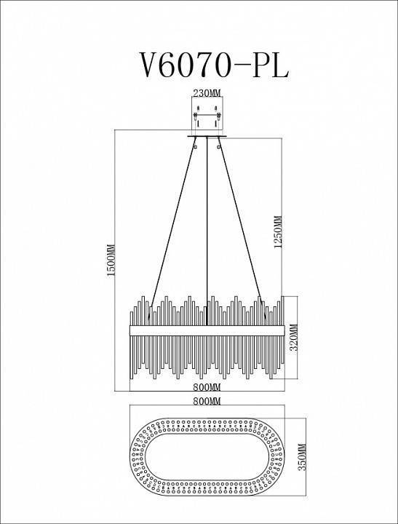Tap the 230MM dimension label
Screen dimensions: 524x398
(206, 94)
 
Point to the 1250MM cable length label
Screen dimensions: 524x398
(276, 232)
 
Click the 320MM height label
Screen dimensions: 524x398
(294, 339)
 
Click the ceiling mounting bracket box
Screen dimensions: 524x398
(207, 116)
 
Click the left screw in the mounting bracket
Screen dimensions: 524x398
(196, 114)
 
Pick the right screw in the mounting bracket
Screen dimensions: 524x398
(217, 114)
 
